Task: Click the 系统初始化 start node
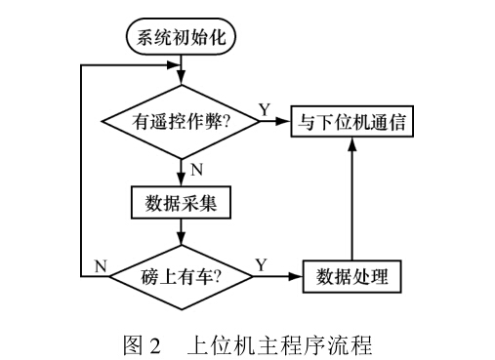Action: [181, 39]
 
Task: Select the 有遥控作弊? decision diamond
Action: [181, 123]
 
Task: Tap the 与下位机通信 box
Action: [353, 123]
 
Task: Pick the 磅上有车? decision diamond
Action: [181, 276]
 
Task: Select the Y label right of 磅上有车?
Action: [260, 264]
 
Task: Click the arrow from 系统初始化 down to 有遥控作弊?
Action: [181, 73]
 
